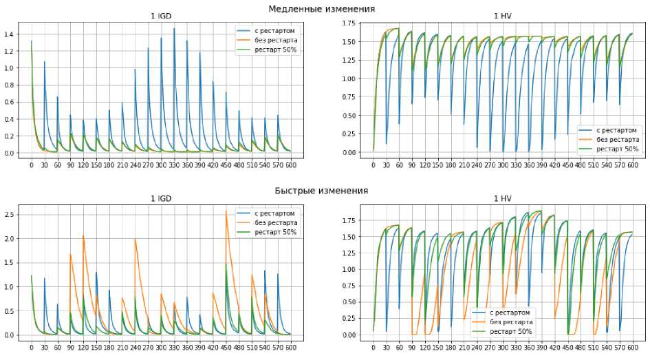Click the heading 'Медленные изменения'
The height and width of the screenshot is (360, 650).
click(322, 8)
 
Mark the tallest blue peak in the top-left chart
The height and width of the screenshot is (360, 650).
click(174, 28)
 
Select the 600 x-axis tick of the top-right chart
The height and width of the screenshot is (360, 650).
click(632, 165)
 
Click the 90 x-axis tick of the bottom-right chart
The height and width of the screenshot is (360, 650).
click(412, 347)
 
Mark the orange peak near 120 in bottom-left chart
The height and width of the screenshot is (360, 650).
click(83, 235)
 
